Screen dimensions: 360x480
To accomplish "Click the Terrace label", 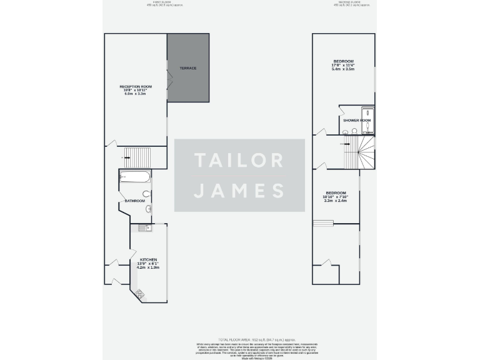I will pyautogui.click(x=187, y=68).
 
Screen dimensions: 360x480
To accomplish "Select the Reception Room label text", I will pyautogui.click(x=136, y=89).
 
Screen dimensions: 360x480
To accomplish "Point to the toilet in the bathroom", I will pyautogui.click(x=146, y=194).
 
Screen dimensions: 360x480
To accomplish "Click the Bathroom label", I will pyautogui.click(x=135, y=201).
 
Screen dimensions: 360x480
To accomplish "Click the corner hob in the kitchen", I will pyautogui.click(x=139, y=292).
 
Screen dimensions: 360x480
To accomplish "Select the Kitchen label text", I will pyautogui.click(x=148, y=263).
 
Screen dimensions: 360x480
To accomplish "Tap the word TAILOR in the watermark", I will pyautogui.click(x=239, y=160).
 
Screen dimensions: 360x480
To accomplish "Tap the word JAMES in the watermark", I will pyautogui.click(x=239, y=190).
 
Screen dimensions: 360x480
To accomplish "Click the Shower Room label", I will pyautogui.click(x=357, y=120).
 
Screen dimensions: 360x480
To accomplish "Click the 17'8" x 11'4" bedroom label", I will pyautogui.click(x=343, y=65).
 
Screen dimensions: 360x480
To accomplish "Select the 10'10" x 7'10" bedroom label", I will pyautogui.click(x=336, y=196).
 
